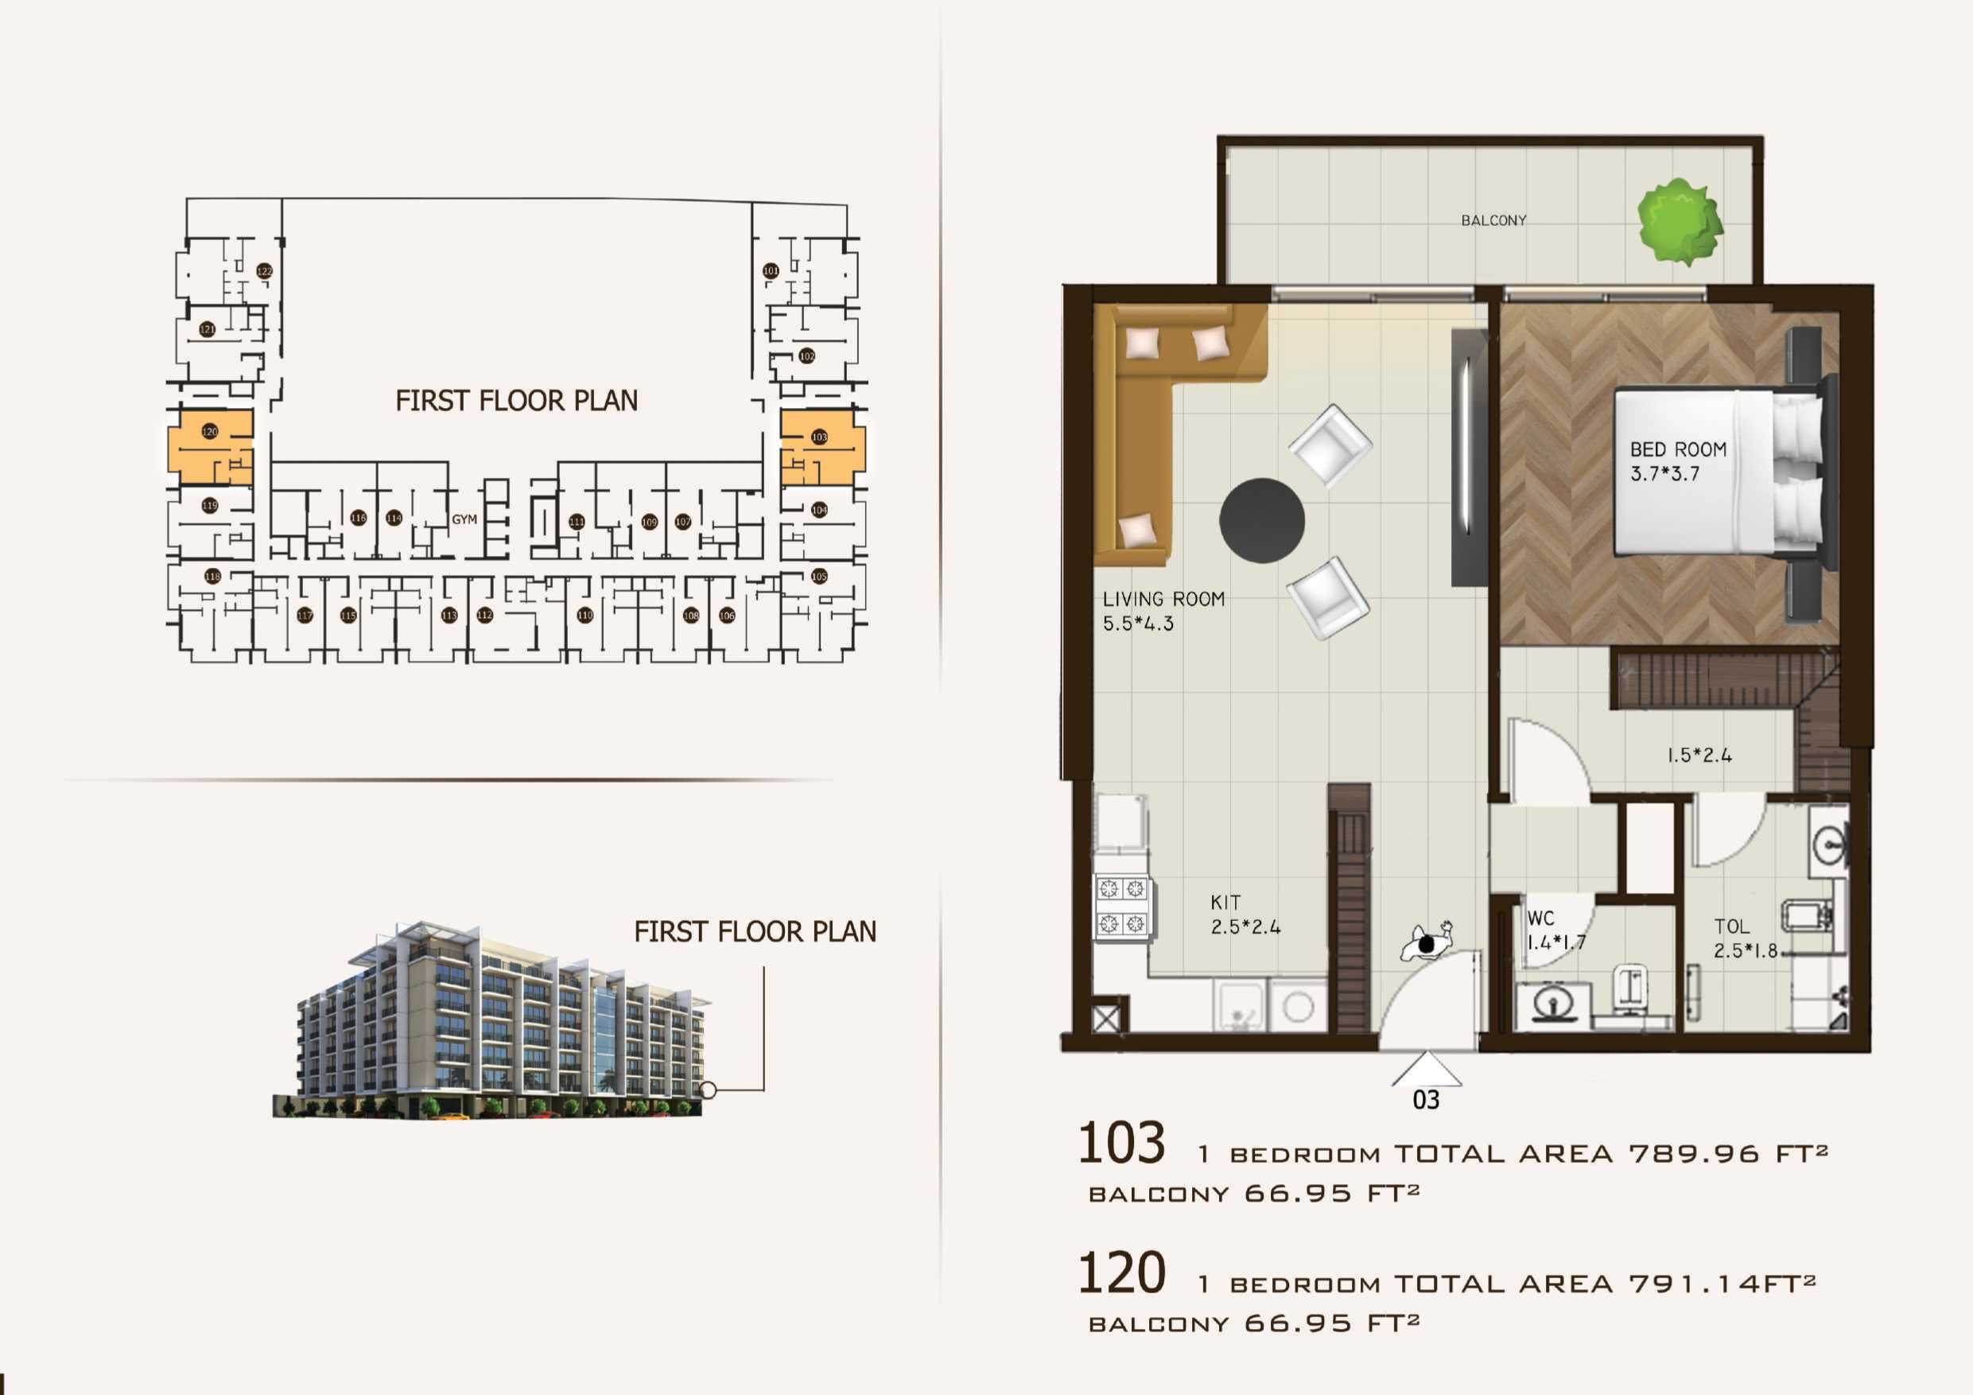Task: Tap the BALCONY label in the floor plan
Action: [1493, 221]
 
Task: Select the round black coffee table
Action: [1261, 520]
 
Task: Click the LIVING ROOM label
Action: [1163, 599]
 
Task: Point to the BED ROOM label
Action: [1677, 449]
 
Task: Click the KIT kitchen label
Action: [1225, 903]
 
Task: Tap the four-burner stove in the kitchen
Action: [1122, 906]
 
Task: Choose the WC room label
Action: [1540, 918]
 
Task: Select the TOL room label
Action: [1731, 927]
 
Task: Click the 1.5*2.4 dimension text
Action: [1699, 756]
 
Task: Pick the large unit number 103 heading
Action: [1121, 1143]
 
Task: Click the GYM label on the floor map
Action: [464, 519]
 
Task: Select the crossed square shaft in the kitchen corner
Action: [1109, 1019]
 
